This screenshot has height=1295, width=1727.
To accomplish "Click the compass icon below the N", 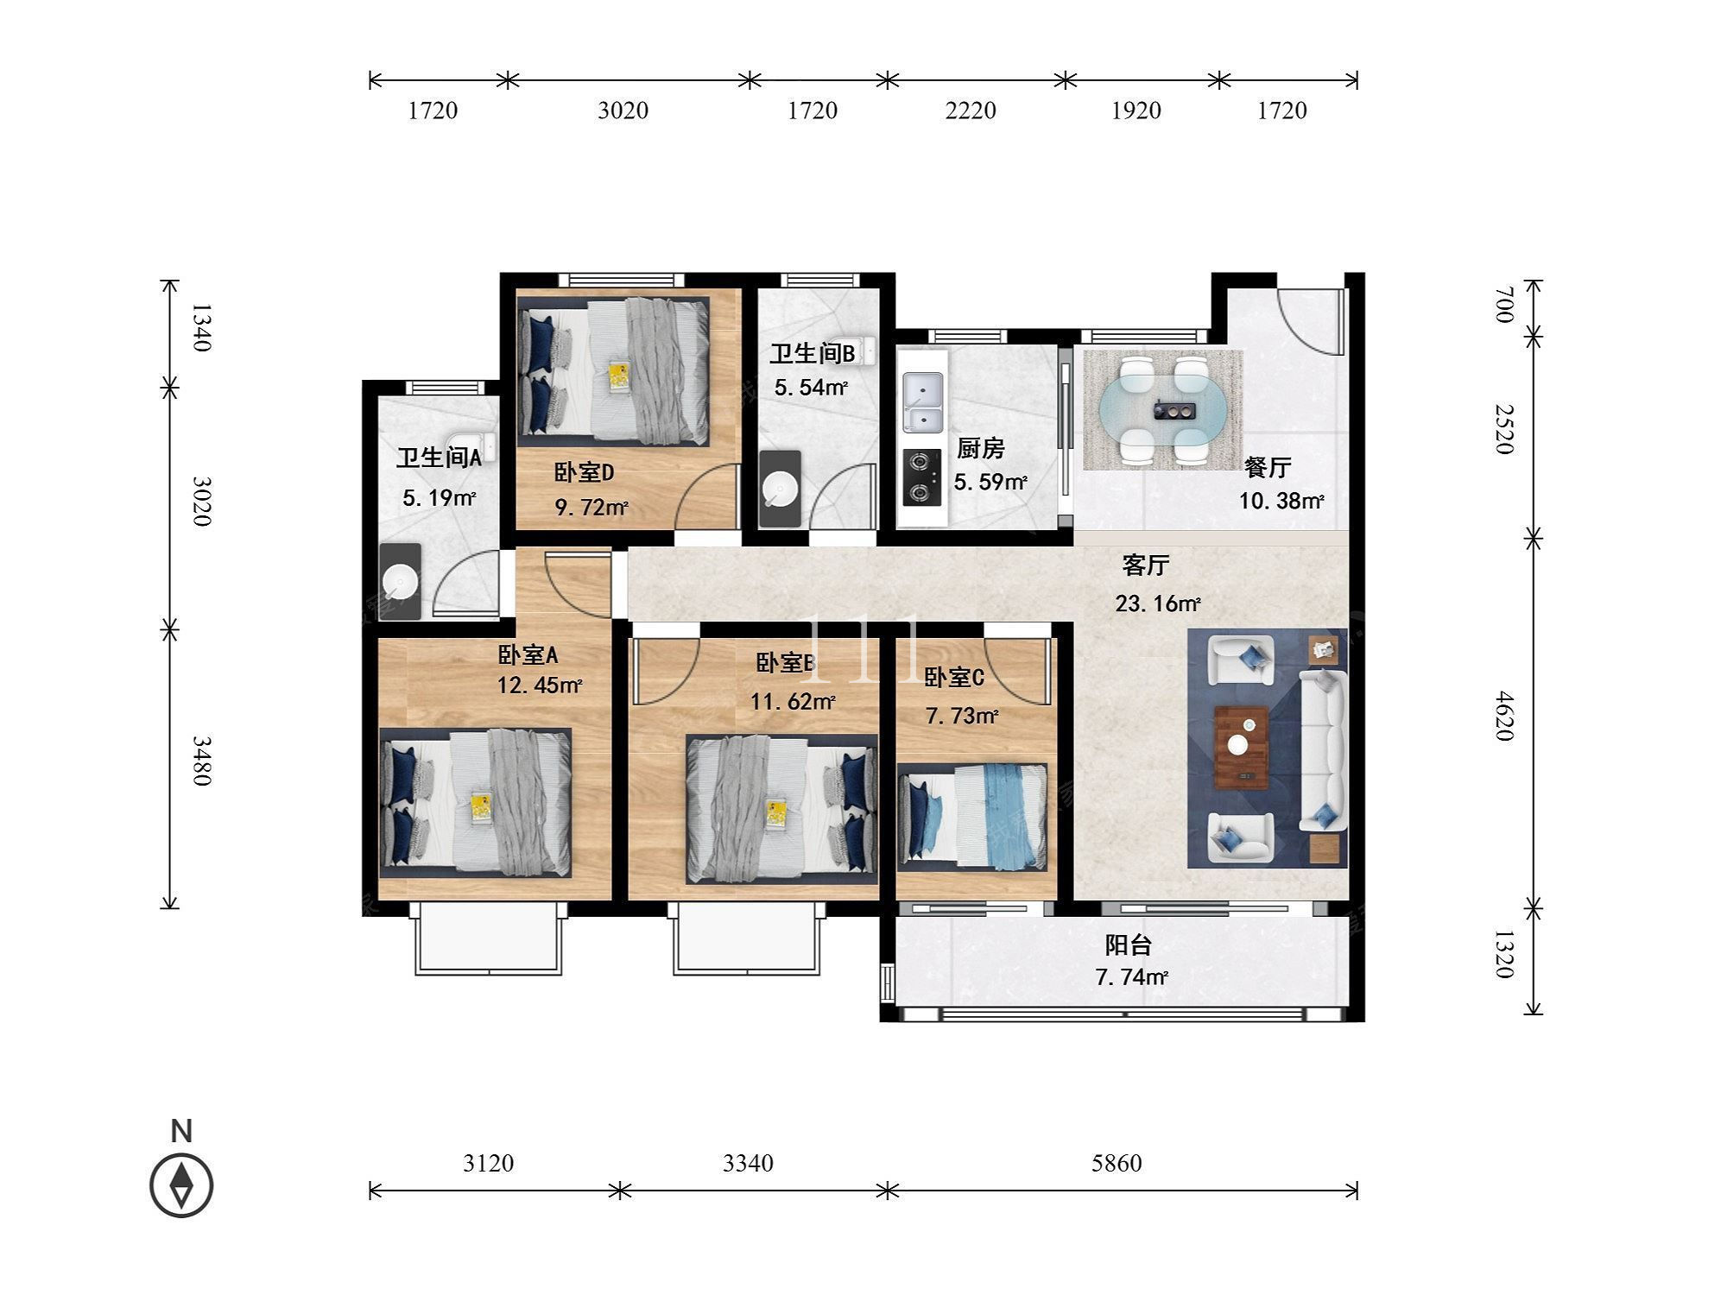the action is tap(181, 1185).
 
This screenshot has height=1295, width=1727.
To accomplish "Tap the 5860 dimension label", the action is tap(1117, 1164).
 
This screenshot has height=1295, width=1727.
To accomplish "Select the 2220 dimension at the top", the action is tap(971, 111).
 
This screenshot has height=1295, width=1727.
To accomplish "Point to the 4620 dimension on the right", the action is tap(1503, 716).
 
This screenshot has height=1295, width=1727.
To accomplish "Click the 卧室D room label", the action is tap(584, 472).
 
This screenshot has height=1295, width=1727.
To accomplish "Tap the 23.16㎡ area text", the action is tap(1158, 603).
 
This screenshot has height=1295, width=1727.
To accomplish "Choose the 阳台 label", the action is tap(1129, 945).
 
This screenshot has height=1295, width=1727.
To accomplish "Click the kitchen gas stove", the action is tap(920, 477).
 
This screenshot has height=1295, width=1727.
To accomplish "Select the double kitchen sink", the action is tap(922, 401).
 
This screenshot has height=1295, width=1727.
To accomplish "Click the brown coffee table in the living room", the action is tap(1242, 748).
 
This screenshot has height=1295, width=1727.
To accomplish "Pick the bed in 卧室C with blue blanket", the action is tap(972, 815).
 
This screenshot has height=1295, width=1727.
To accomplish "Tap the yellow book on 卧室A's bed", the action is tap(481, 807).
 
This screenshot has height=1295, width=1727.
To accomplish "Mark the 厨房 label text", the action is tap(981, 449).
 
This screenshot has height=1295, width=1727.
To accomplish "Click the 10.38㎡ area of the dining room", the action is tap(1281, 501).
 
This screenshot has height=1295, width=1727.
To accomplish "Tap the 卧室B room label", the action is tap(786, 663).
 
